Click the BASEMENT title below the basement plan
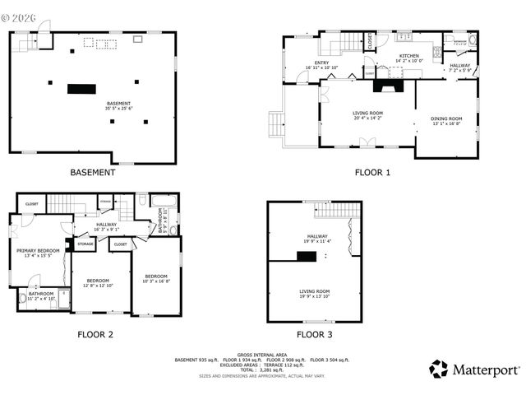(92, 173)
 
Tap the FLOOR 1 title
(372, 173)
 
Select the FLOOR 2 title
(95, 334)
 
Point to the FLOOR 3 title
(315, 334)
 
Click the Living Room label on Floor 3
(314, 292)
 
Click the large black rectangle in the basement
(82, 88)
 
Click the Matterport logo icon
(439, 369)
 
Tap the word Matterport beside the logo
(486, 369)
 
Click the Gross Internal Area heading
(262, 354)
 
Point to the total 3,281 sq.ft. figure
(262, 369)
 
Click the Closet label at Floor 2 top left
(32, 203)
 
